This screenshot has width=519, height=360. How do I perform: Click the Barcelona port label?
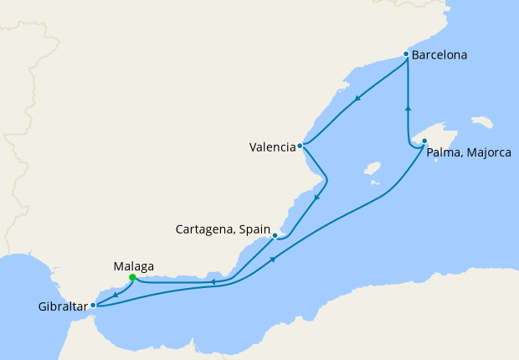coord(439,56)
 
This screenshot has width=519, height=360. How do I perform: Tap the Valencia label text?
coord(272,148)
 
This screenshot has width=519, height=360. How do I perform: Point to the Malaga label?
coord(132,266)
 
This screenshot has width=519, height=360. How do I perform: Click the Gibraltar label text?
coord(62,306)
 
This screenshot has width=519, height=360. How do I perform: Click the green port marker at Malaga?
coord(132,278)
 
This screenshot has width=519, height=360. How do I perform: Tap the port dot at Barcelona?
coord(406,54)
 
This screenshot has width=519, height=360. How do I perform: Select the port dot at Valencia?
coord(300,146)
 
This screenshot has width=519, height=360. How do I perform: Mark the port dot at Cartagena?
coord(275,236)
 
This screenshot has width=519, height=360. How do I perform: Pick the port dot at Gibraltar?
coord(93,306)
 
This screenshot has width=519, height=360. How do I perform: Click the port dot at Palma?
coord(424,141)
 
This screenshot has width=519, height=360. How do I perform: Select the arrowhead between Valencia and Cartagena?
coord(317,198)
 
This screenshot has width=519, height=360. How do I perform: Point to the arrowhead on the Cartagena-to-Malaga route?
coord(213,282)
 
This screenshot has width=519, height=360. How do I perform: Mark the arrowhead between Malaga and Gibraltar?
coord(114,295)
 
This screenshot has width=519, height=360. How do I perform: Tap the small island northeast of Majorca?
coord(482,122)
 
